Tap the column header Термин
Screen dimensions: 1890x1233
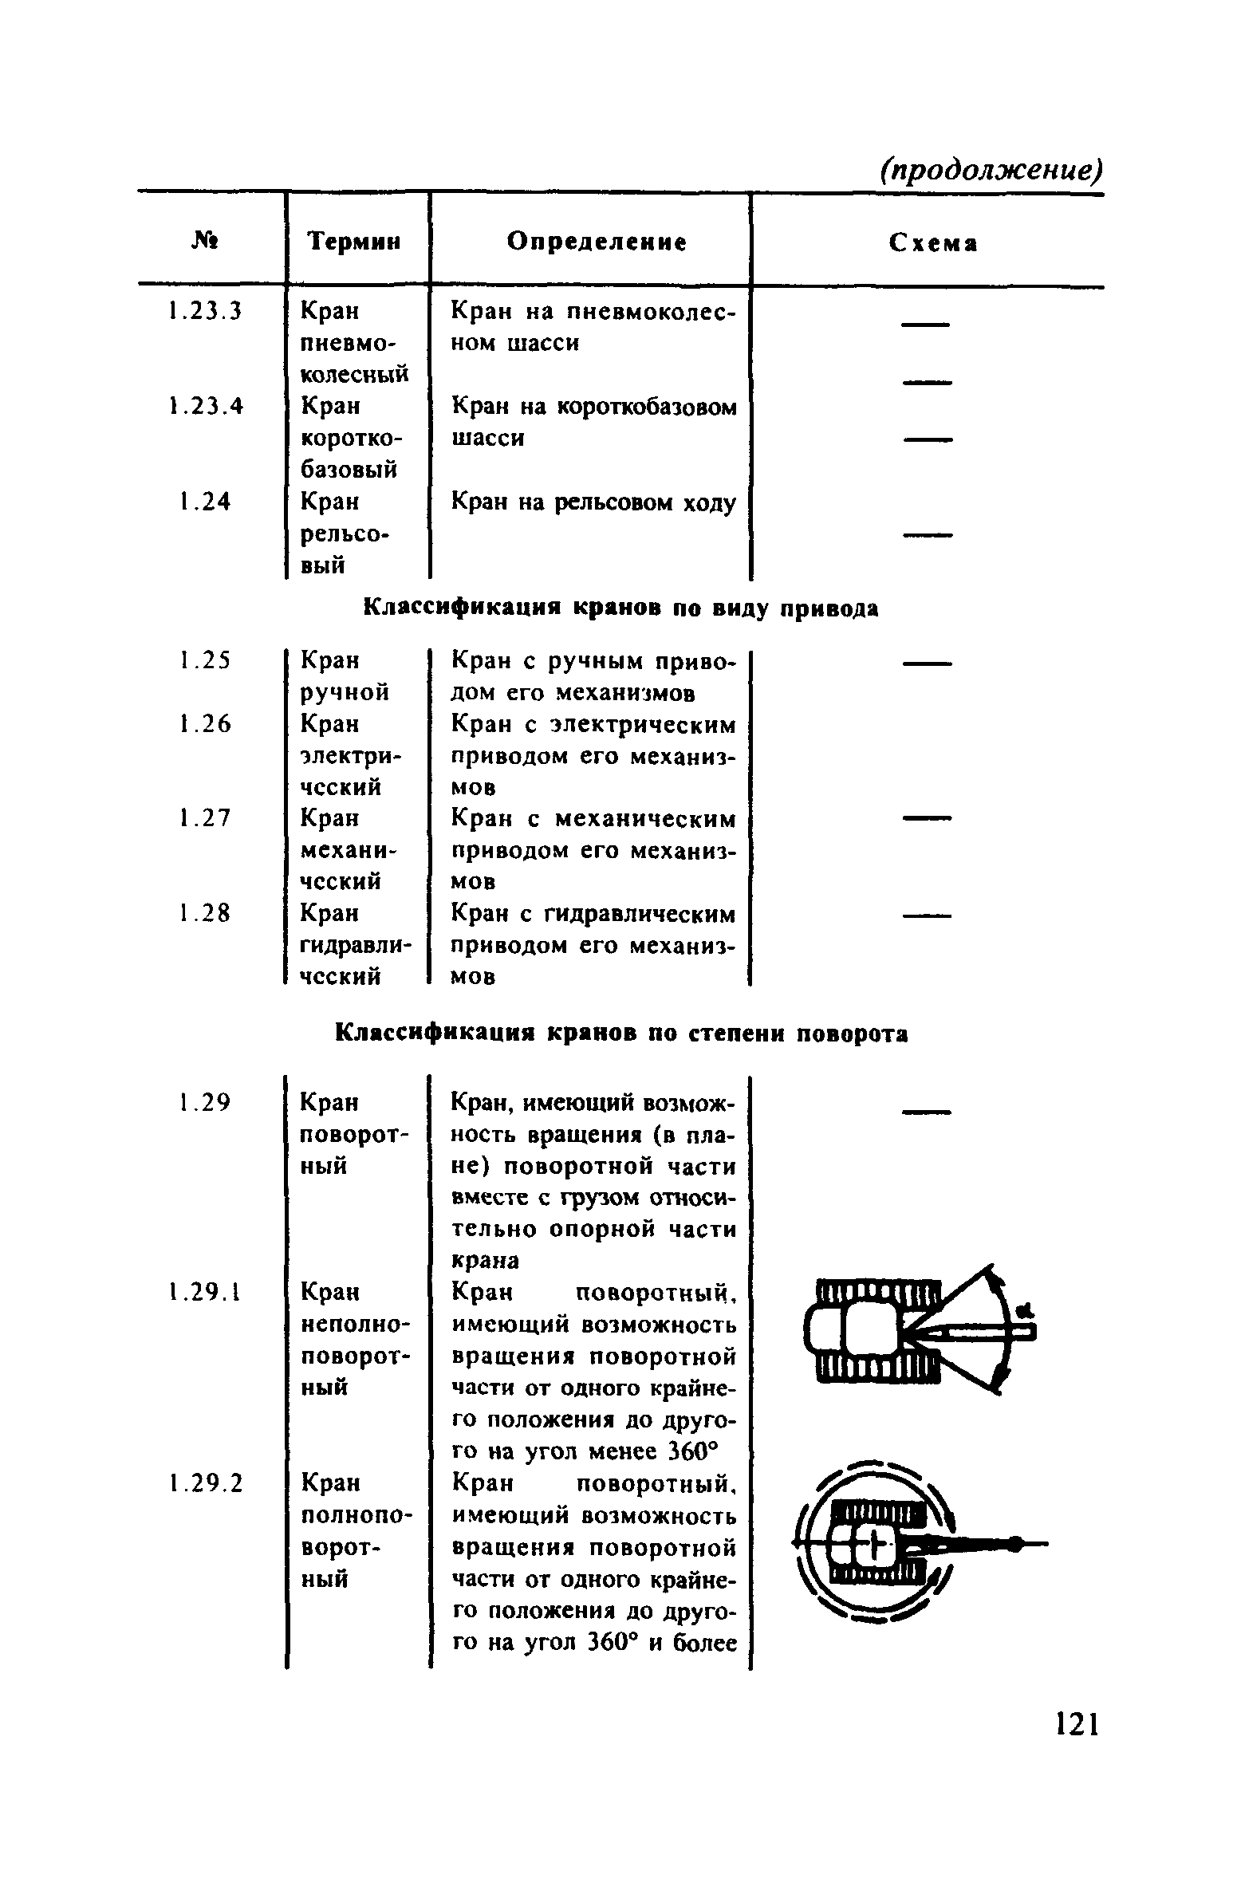pyautogui.click(x=354, y=241)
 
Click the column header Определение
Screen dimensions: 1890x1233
pyautogui.click(x=597, y=241)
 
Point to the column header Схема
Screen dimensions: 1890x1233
pyautogui.click(x=932, y=242)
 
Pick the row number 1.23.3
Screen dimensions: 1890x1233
pyautogui.click(x=204, y=310)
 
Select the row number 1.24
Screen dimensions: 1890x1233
pyautogui.click(x=204, y=502)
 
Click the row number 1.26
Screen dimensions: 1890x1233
pyautogui.click(x=204, y=723)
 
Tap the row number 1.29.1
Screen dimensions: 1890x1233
pyautogui.click(x=204, y=1291)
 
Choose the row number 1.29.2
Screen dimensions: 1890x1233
pyautogui.click(x=204, y=1482)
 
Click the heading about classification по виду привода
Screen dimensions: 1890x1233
pyautogui.click(x=620, y=608)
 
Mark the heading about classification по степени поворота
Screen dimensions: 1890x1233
pyautogui.click(x=620, y=1034)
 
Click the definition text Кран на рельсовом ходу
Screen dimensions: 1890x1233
pyautogui.click(x=593, y=502)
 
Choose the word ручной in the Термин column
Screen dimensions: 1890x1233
pyautogui.click(x=345, y=692)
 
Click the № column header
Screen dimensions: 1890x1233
pyautogui.click(x=206, y=239)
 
